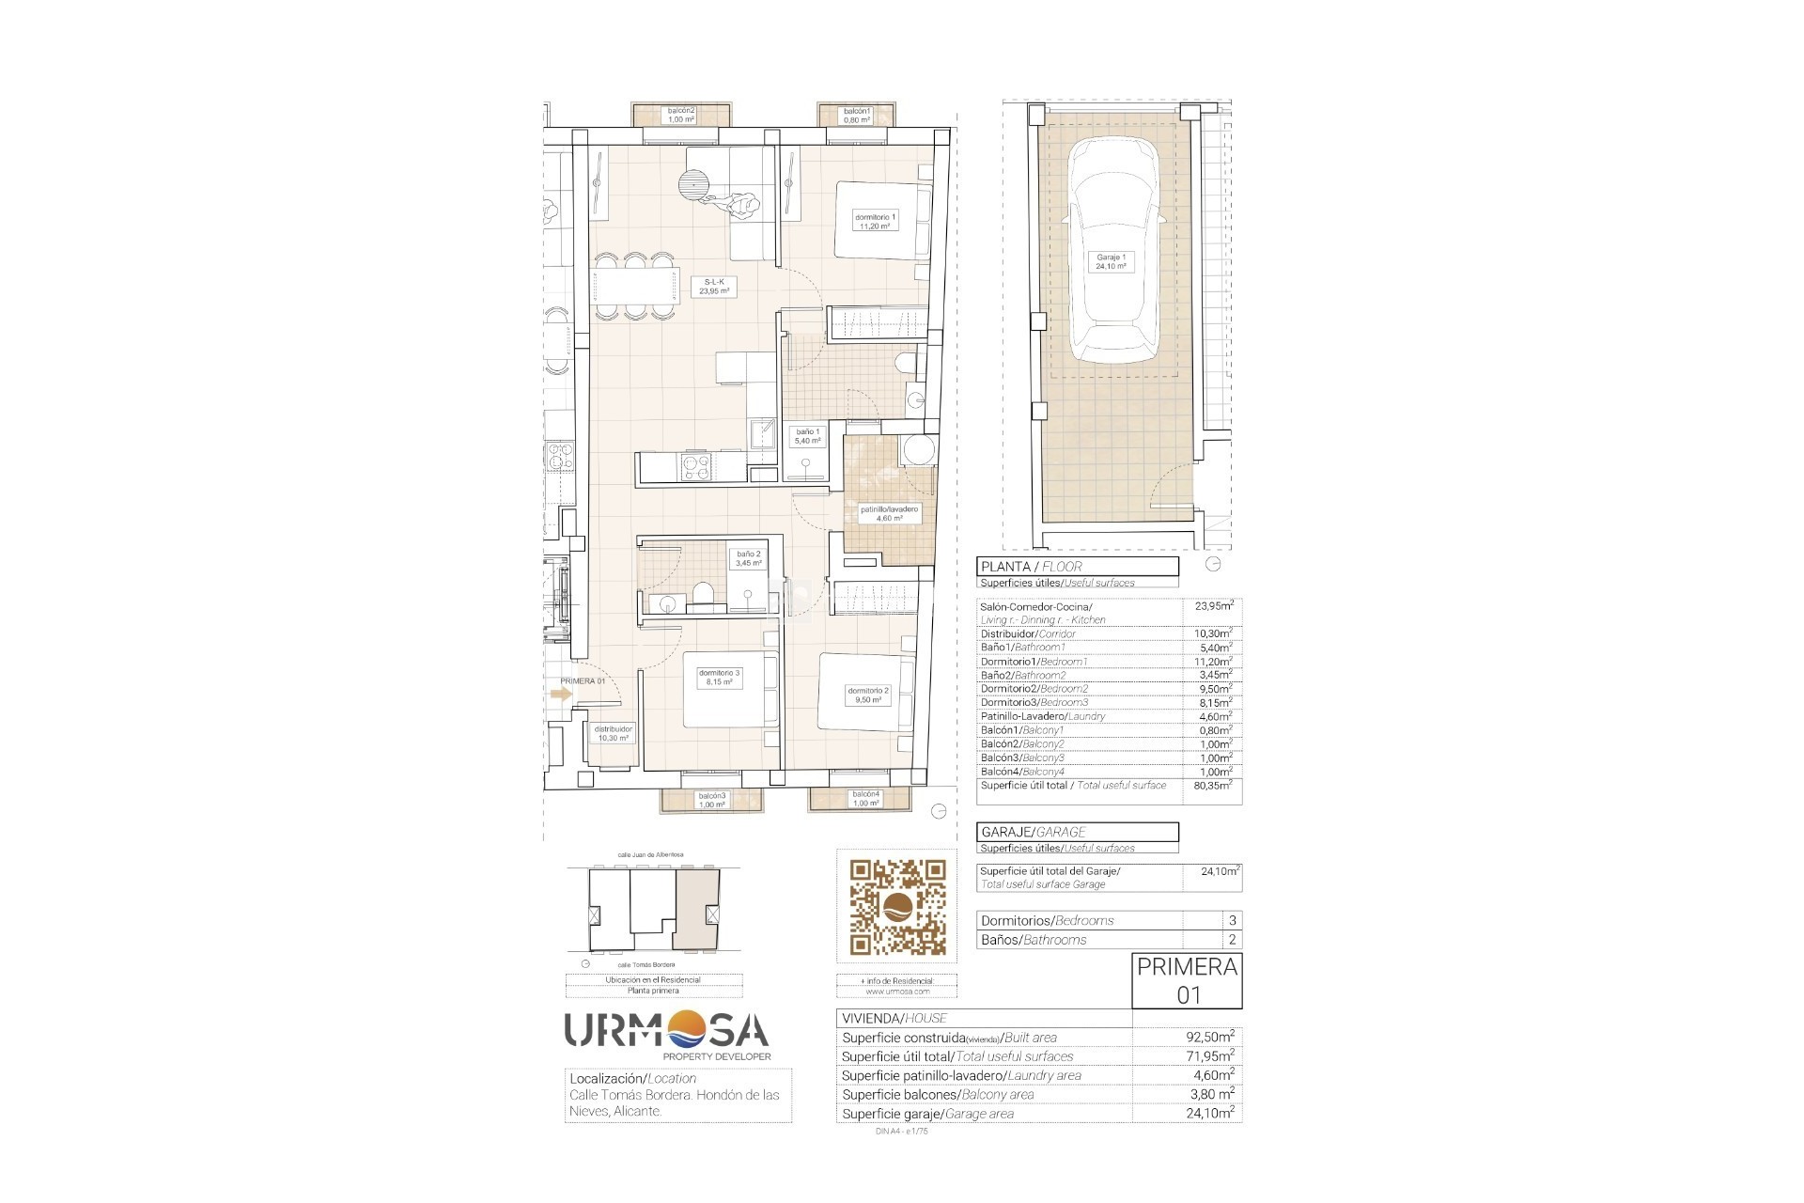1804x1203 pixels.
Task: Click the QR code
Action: [897, 907]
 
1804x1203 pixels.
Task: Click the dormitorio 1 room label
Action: [875, 221]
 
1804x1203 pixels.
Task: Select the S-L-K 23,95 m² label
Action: [714, 287]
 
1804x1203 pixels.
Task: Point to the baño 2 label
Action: [749, 558]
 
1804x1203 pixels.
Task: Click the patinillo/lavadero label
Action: [889, 513]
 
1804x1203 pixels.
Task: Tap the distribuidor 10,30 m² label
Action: [614, 733]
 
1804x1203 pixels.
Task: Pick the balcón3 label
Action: [711, 800]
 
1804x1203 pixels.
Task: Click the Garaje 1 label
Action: [1111, 261]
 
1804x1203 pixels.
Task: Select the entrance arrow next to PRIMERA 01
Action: [561, 695]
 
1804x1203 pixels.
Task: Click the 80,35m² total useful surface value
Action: [1212, 785]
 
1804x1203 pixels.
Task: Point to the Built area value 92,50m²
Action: [1210, 1037]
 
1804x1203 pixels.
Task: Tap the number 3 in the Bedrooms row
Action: [1233, 920]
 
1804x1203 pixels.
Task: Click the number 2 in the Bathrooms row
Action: [1233, 939]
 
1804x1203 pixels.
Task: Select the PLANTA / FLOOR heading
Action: [1032, 566]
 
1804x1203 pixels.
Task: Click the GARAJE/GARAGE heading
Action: [1034, 832]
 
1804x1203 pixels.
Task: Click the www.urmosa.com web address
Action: [896, 991]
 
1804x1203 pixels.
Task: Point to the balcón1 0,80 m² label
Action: [856, 116]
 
